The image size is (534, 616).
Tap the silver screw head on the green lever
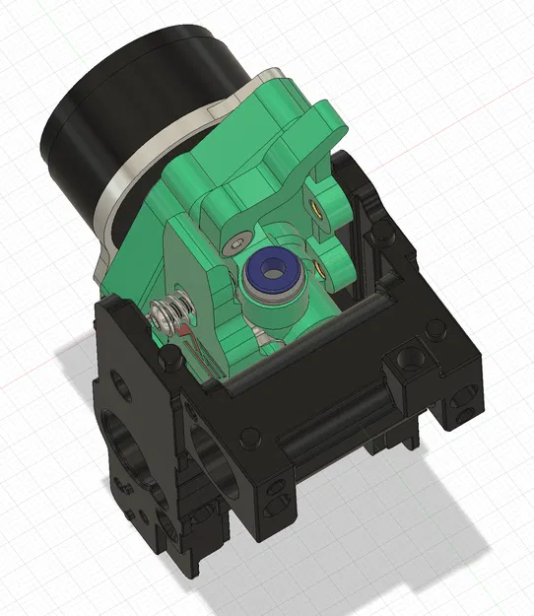click(233, 243)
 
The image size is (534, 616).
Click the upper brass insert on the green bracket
click(314, 208)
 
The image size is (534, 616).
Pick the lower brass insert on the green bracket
click(321, 264)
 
